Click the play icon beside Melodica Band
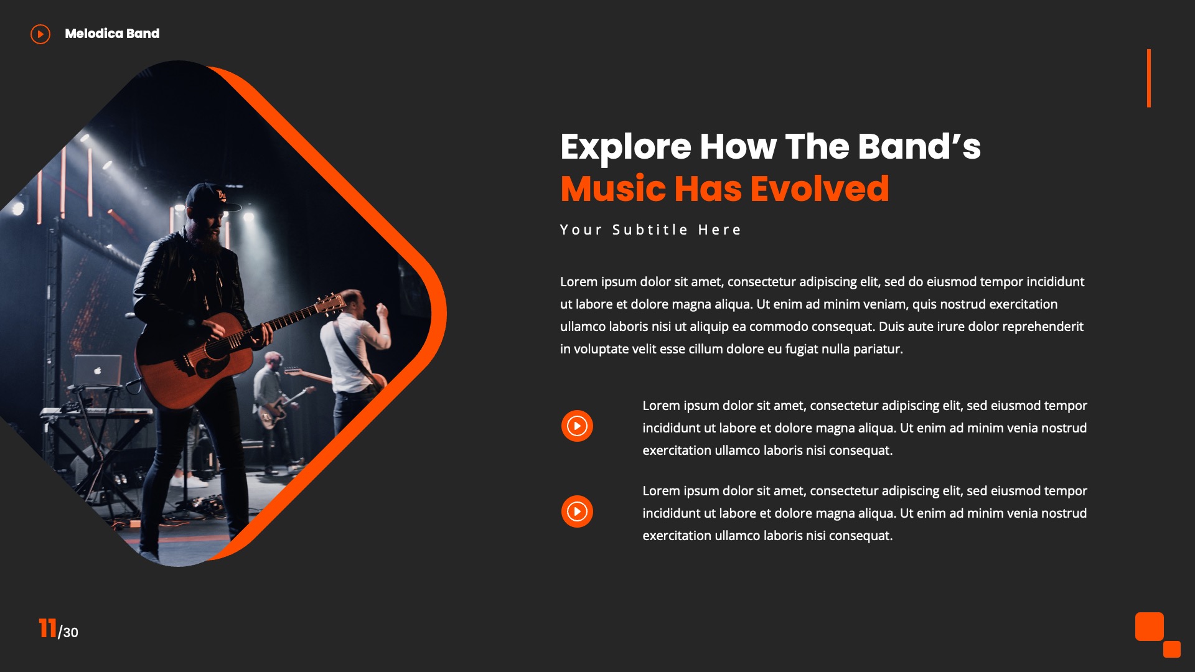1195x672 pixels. click(x=40, y=34)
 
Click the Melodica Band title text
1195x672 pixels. click(x=112, y=34)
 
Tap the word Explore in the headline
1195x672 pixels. click(x=625, y=147)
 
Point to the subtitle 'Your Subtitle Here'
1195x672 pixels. click(x=650, y=230)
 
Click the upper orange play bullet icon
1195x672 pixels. click(x=577, y=426)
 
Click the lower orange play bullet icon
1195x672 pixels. click(x=577, y=511)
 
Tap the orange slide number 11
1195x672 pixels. click(x=47, y=628)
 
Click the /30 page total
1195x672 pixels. click(x=68, y=633)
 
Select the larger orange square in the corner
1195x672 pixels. click(x=1149, y=627)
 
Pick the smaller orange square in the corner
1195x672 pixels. click(x=1171, y=649)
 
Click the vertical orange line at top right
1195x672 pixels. click(x=1149, y=78)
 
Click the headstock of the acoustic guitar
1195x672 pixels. click(x=330, y=304)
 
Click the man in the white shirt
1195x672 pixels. click(x=354, y=348)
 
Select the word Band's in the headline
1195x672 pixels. click(x=919, y=147)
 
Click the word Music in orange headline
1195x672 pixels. click(x=612, y=189)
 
